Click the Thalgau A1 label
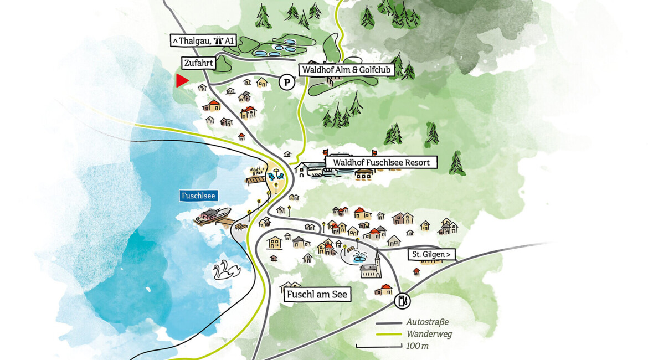click(203, 40)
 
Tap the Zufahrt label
click(198, 63)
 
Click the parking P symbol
click(286, 83)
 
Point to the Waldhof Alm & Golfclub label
click(347, 70)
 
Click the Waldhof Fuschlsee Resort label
click(381, 162)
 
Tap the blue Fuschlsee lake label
click(198, 196)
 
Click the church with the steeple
click(372, 266)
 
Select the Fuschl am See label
click(317, 294)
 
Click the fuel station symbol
click(403, 301)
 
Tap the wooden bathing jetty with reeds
click(256, 179)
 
